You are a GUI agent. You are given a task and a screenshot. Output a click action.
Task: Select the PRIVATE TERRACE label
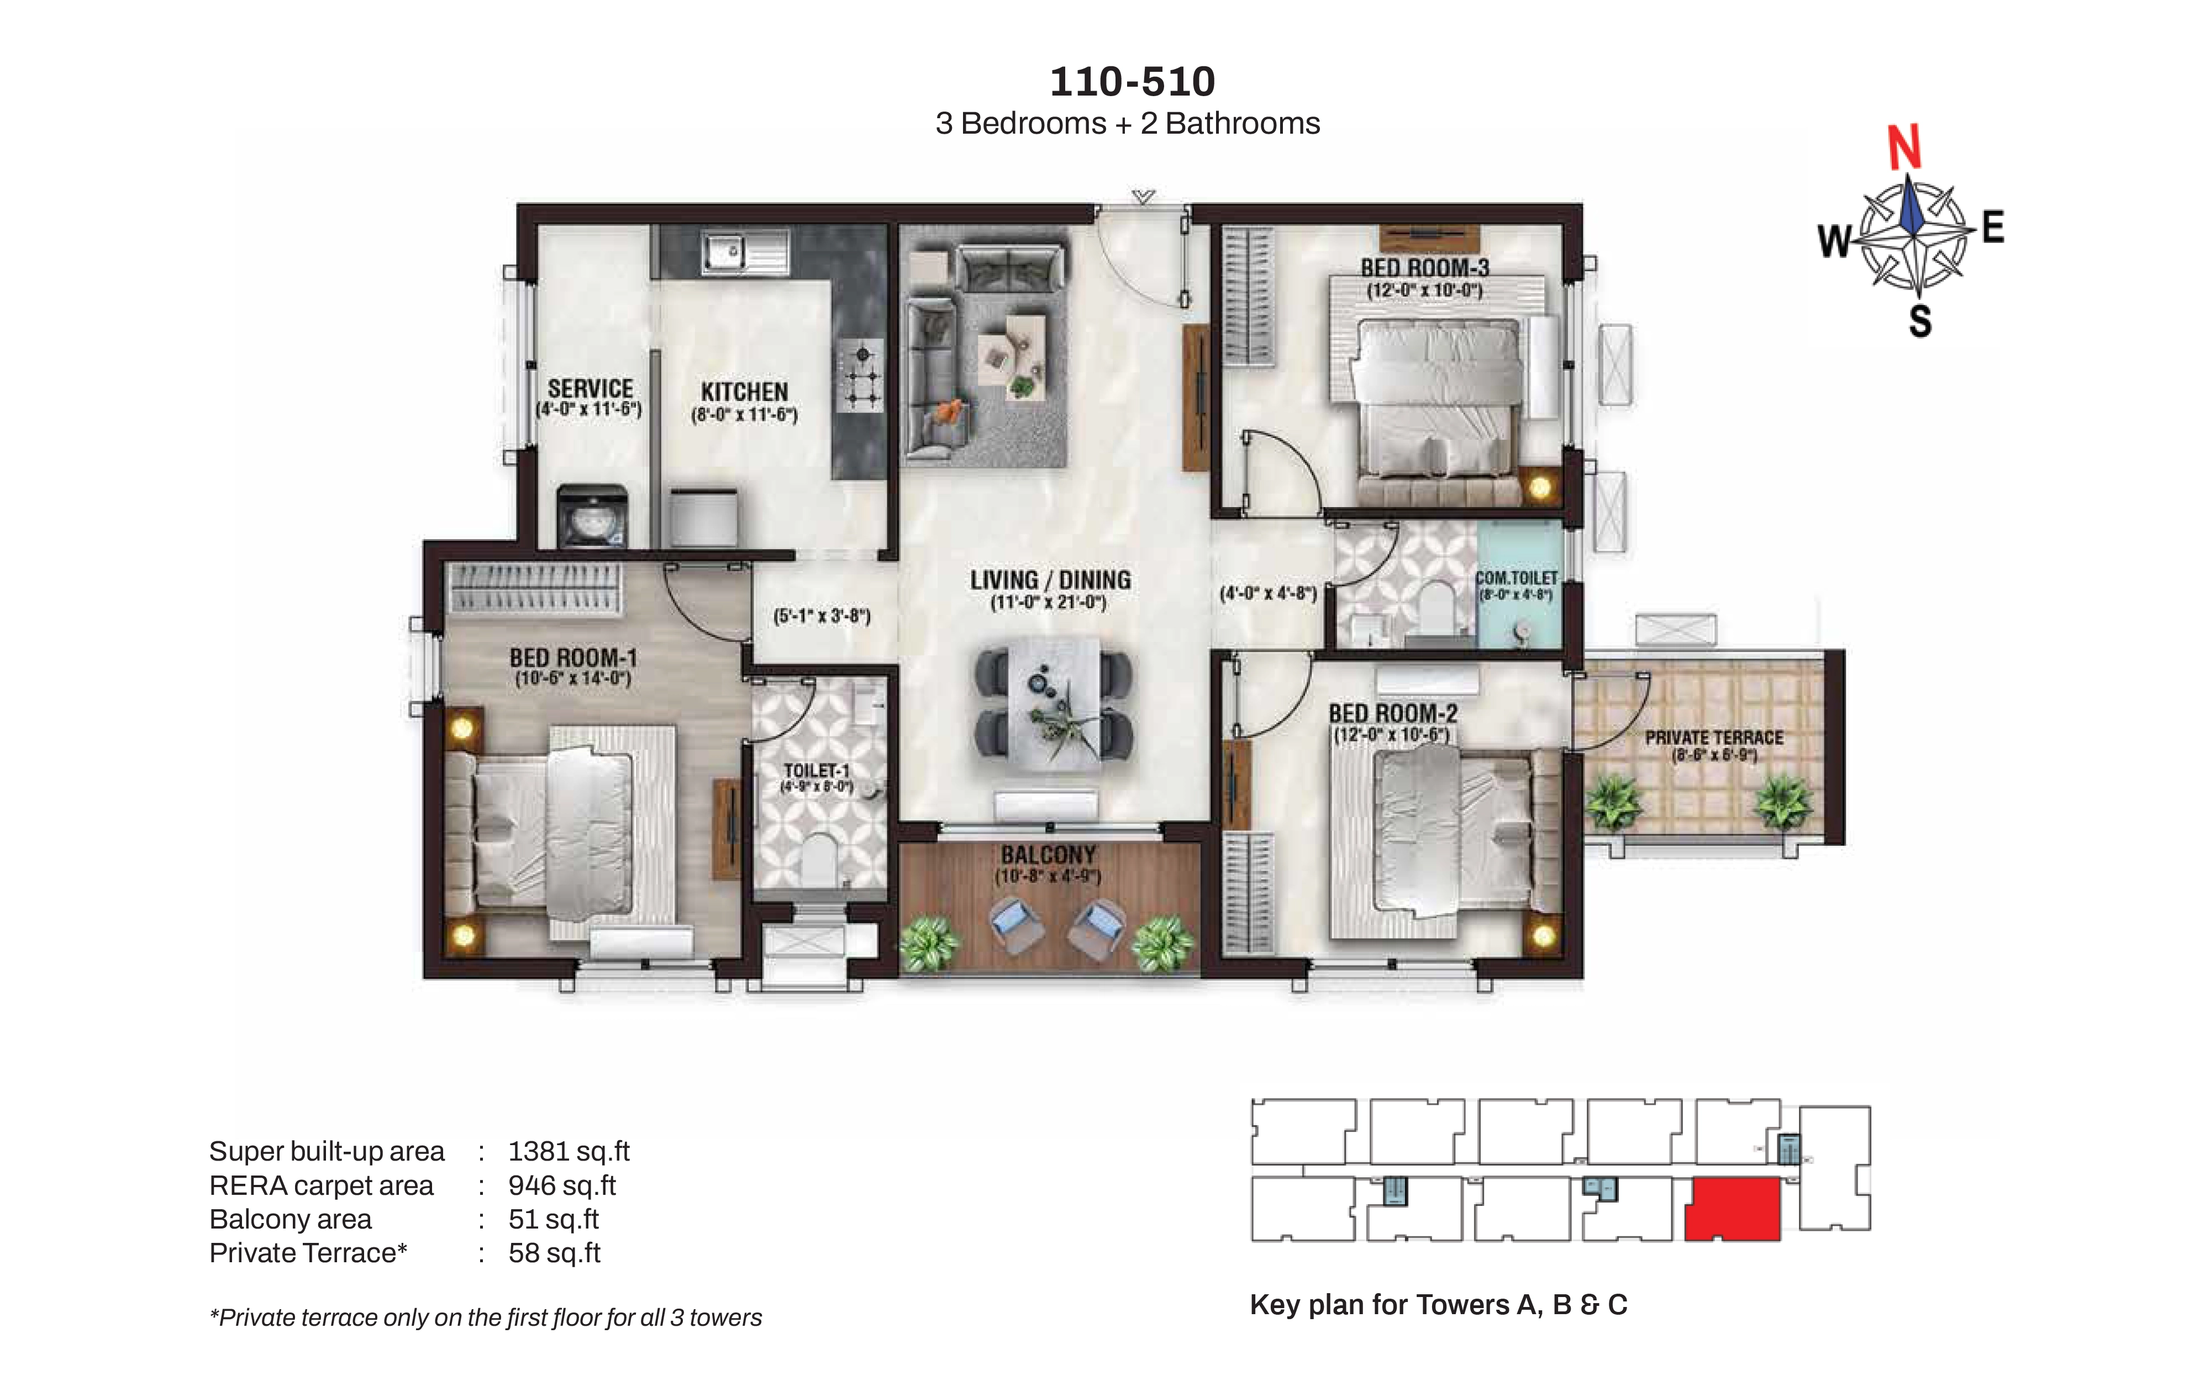(x=1713, y=737)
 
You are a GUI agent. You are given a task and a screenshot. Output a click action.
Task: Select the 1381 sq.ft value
(x=568, y=1151)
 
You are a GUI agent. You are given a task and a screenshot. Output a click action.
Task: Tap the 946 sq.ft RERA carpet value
(x=562, y=1185)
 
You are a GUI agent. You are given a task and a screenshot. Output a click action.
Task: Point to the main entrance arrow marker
(x=1143, y=196)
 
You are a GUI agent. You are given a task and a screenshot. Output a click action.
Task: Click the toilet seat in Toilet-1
(x=819, y=858)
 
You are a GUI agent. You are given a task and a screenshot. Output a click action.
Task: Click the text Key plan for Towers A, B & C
(x=1438, y=1304)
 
